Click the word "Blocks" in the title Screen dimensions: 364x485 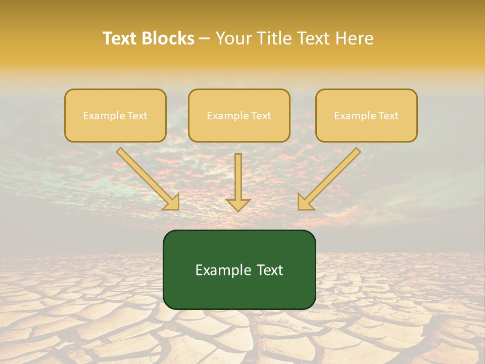[169, 38]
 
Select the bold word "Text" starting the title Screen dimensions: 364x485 [121, 38]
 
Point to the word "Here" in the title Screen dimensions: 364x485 [355, 38]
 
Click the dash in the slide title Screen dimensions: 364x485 [205, 39]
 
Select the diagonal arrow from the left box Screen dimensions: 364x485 [147, 177]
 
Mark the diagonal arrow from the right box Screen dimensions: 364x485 [331, 177]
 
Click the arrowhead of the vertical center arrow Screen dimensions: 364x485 [238, 204]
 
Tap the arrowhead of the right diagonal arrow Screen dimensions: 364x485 [305, 202]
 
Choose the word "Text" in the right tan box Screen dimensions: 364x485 [389, 116]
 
